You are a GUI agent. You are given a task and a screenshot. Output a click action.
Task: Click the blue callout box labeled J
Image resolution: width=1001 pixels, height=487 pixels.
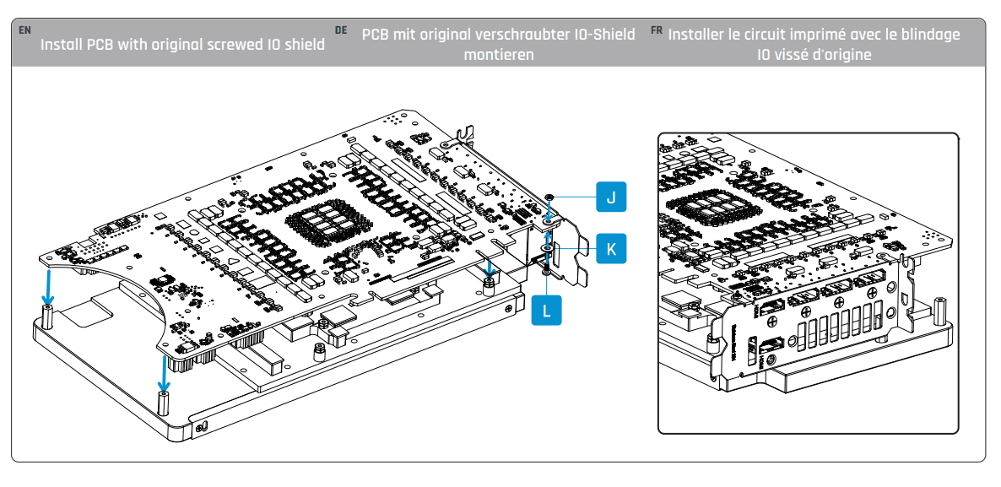[x=610, y=197]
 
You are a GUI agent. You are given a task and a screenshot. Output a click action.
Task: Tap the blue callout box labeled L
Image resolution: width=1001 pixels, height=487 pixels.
[x=546, y=310]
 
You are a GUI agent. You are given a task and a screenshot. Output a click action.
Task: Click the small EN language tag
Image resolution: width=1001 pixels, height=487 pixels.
[x=24, y=30]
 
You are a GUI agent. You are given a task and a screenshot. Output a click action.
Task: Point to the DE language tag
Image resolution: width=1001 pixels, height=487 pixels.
[x=341, y=30]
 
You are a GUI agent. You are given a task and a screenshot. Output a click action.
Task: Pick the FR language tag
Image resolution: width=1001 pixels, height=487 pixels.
[x=657, y=30]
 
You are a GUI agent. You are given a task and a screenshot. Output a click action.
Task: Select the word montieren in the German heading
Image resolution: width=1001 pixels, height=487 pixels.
[x=498, y=55]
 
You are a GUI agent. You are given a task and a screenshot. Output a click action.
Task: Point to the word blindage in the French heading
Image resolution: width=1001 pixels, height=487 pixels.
[x=931, y=35]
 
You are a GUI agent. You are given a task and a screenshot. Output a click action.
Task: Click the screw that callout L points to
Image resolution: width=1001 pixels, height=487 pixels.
[x=547, y=269]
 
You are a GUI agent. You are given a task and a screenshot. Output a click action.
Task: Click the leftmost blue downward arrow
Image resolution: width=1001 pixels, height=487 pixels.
[x=49, y=288]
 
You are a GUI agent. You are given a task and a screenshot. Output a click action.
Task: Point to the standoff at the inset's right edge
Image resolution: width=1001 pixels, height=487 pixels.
[x=939, y=307]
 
